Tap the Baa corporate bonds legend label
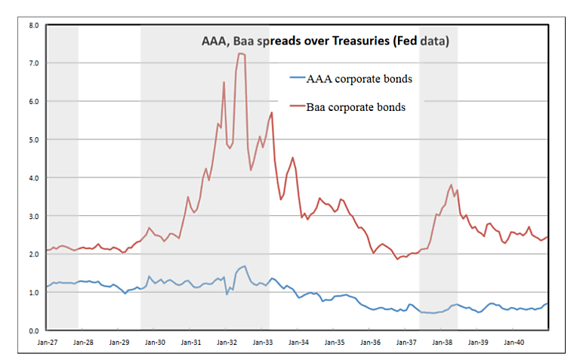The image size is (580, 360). [x=356, y=107]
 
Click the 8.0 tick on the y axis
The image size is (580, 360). [x=33, y=25]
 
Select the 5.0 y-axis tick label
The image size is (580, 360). [x=33, y=140]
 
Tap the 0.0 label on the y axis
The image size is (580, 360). [x=33, y=331]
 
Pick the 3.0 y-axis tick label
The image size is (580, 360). [x=33, y=216]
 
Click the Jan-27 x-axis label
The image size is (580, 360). [x=47, y=342]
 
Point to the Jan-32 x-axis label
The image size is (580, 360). [x=227, y=342]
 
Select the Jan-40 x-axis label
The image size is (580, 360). [x=514, y=342]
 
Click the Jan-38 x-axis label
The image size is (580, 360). [x=443, y=342]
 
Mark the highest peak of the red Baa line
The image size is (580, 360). [x=240, y=54]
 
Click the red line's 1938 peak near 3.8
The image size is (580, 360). [x=451, y=185]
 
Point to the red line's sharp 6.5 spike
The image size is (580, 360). [x=224, y=82]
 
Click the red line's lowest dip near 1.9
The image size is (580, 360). [x=398, y=259]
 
